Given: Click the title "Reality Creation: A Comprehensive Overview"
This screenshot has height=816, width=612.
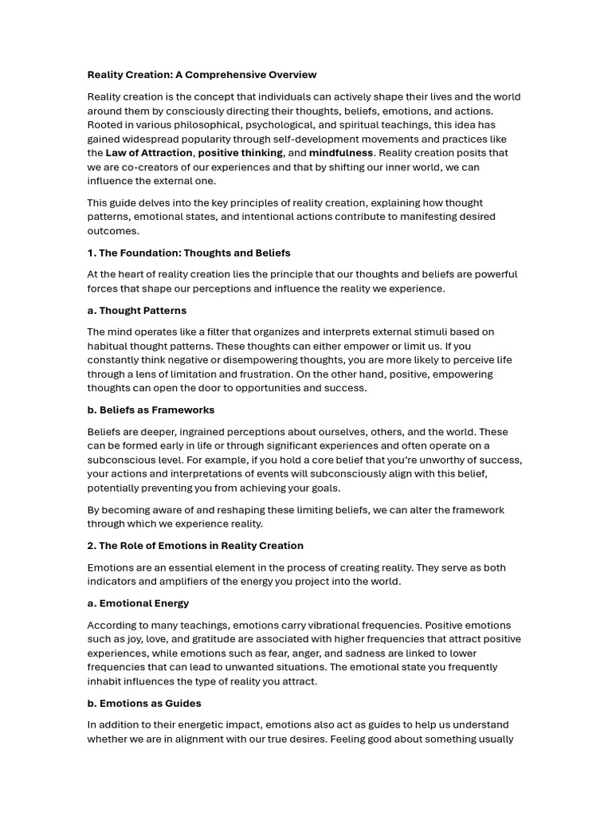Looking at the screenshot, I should (202, 75).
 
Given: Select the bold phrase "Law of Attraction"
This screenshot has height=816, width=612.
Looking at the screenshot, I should (149, 153).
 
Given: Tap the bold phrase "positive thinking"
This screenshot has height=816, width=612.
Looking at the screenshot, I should (240, 153).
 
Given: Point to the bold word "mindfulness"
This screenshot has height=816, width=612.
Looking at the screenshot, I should (340, 153).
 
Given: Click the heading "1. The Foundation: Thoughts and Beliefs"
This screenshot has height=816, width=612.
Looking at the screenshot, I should (189, 253).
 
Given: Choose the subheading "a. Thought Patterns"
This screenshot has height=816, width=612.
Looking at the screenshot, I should (136, 311).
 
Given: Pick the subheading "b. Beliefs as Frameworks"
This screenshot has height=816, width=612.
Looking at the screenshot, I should (151, 410).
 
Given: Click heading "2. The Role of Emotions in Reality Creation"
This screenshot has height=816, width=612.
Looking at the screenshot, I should (195, 546).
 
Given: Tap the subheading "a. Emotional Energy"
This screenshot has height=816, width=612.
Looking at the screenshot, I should (138, 603).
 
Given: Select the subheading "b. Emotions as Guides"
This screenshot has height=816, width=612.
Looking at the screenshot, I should (143, 704).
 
